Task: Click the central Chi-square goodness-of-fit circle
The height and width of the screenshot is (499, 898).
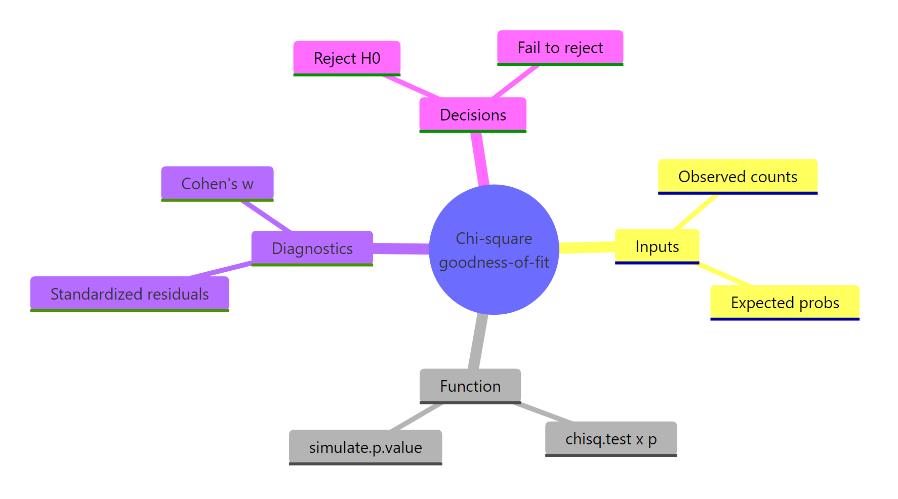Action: (494, 249)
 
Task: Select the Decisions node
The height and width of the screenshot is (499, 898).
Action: (473, 115)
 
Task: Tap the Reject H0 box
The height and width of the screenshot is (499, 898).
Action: (347, 58)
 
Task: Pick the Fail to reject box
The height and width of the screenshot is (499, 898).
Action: (560, 48)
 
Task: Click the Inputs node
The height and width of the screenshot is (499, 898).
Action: (657, 246)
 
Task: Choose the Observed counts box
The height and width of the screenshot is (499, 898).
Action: (738, 177)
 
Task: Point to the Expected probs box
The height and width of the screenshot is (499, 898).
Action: (785, 303)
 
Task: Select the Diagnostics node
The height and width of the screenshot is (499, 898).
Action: (312, 248)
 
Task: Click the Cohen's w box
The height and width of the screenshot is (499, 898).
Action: (217, 184)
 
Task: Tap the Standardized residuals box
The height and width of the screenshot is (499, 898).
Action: (130, 294)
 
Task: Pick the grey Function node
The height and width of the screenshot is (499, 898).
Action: (470, 386)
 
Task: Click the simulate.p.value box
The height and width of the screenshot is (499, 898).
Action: (365, 447)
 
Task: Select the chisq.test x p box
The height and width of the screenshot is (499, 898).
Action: (610, 439)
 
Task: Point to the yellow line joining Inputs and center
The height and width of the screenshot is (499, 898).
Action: (587, 247)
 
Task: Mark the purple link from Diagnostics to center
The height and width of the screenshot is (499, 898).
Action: (401, 248)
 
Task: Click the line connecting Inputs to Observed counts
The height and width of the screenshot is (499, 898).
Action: (696, 212)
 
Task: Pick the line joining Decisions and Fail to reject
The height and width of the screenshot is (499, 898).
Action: (515, 81)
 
